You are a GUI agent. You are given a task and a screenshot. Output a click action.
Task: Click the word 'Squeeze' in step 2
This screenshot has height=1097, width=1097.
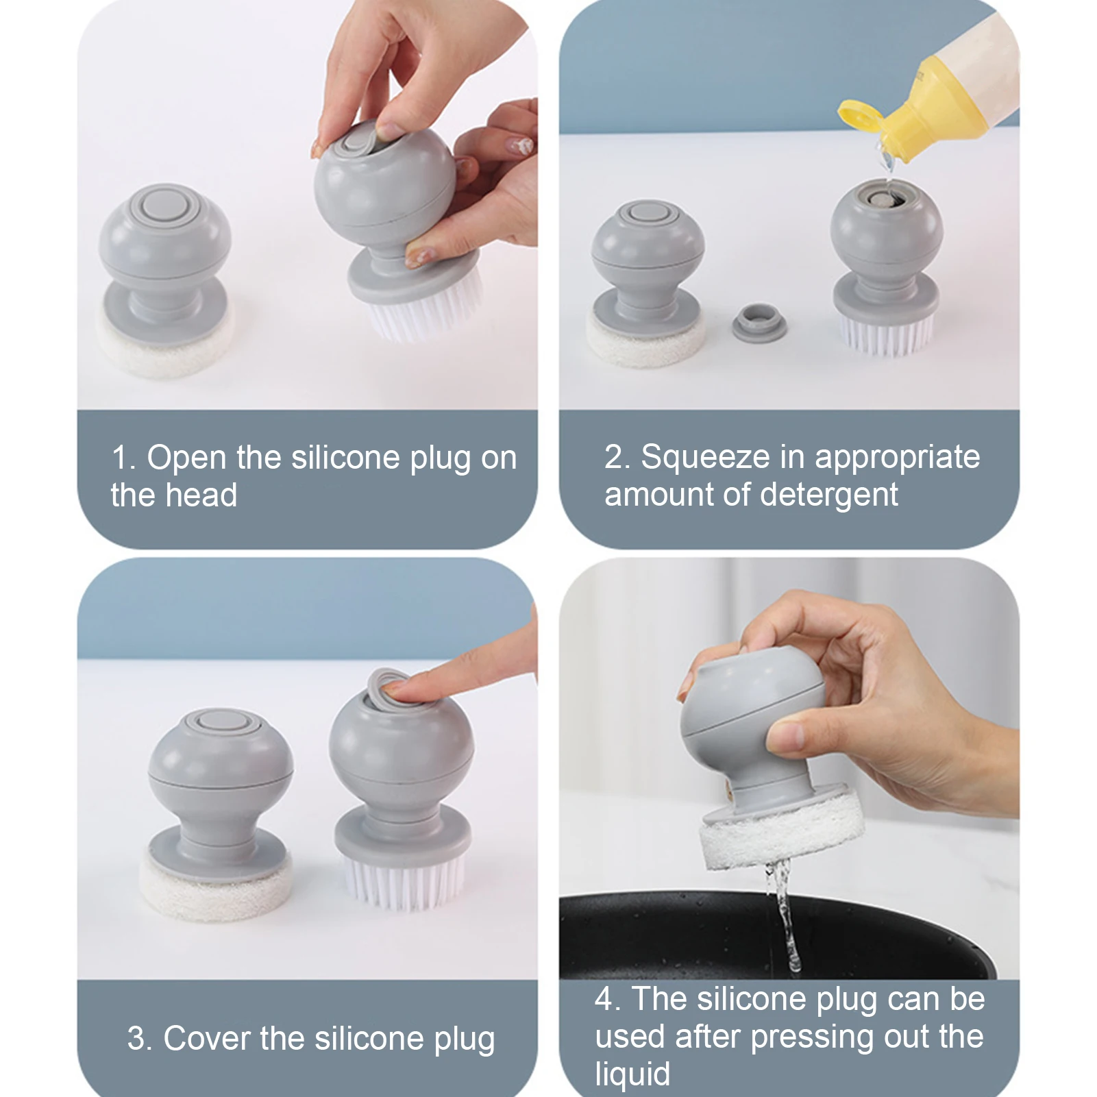coord(705,457)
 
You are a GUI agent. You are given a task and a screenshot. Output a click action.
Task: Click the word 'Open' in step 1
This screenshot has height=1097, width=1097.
coord(186,458)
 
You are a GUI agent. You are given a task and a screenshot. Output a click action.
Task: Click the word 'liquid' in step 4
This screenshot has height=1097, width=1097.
coord(632,1074)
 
